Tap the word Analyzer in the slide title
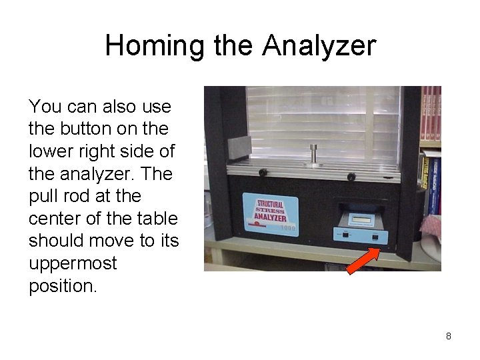tap(319, 46)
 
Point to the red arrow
tap(363, 261)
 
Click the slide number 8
tap(449, 336)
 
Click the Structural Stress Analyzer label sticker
tap(269, 211)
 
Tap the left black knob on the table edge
tap(263, 173)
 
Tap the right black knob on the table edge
tap(351, 176)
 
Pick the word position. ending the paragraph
tap(62, 286)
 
